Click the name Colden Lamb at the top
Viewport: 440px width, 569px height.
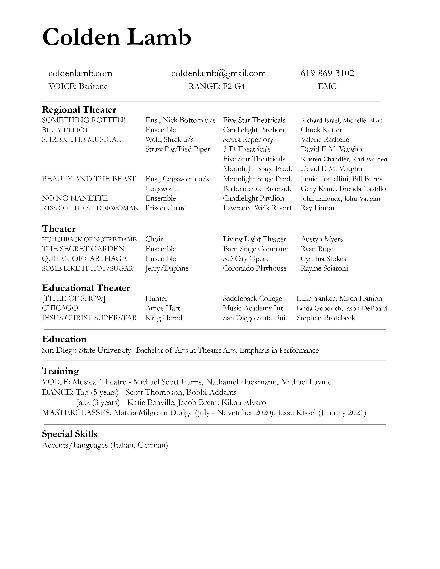(x=117, y=37)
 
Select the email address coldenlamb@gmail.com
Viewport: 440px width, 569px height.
(x=218, y=73)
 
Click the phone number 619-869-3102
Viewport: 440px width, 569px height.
(x=327, y=73)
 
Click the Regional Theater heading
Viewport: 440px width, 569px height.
(x=79, y=110)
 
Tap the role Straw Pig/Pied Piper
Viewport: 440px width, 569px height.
(x=178, y=149)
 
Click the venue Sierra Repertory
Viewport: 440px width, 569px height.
(x=248, y=140)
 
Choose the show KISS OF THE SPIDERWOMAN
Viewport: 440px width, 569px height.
(x=90, y=208)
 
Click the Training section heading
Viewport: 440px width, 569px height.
(x=60, y=371)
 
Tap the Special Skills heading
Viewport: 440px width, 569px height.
(x=70, y=434)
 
